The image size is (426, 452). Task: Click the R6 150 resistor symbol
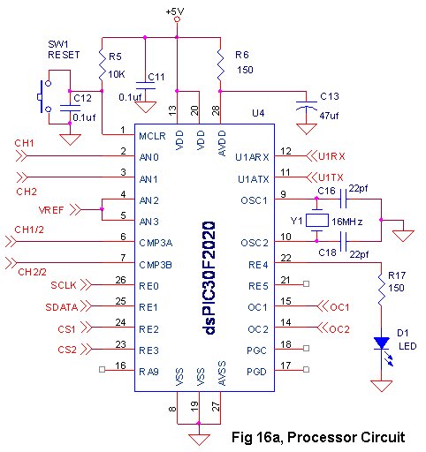coord(219,62)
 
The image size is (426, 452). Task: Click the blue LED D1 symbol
coord(380,343)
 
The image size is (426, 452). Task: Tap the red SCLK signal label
coord(64,286)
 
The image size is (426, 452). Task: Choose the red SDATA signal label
coord(61,307)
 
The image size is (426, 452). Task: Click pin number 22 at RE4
coord(285,257)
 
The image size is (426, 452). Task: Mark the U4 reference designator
coord(258,113)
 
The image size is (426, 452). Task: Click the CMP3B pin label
coord(156,263)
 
